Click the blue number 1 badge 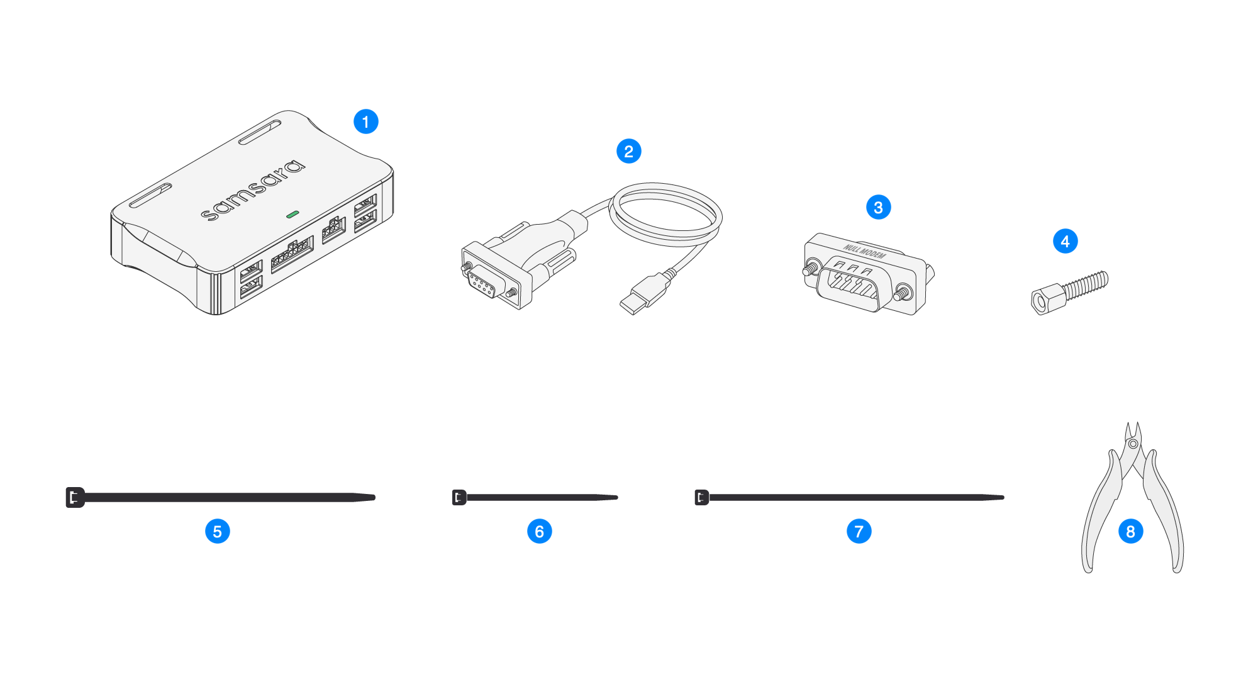tap(366, 121)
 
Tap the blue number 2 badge tap(629, 151)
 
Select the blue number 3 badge tap(879, 207)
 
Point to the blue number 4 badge tap(1066, 241)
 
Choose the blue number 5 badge tap(218, 531)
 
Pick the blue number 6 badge tap(540, 531)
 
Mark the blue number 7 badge tap(859, 531)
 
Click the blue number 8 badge tap(1131, 531)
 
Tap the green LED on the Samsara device tap(292, 215)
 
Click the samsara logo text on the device tap(253, 190)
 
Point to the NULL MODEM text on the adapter tap(865, 252)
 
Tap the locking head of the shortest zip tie tap(459, 497)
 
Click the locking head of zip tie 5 tap(75, 497)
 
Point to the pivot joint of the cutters tap(1133, 444)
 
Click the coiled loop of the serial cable tap(665, 215)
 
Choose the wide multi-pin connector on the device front tap(292, 254)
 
